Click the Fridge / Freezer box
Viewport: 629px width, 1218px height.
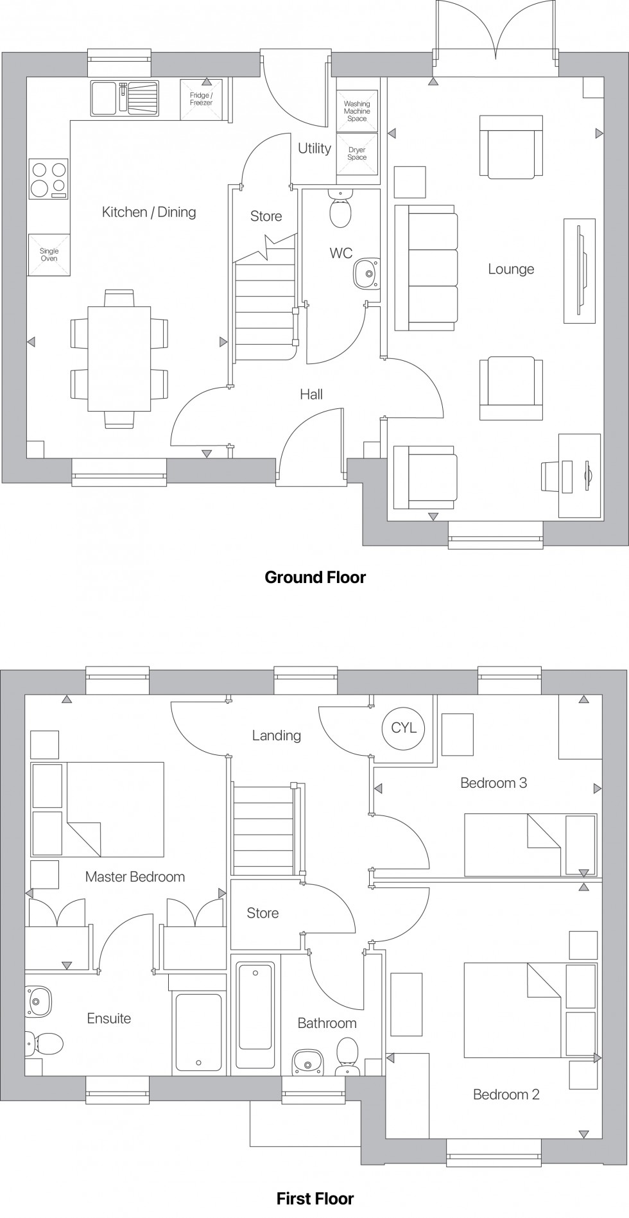pyautogui.click(x=201, y=100)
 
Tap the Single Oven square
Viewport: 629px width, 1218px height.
pyautogui.click(x=49, y=255)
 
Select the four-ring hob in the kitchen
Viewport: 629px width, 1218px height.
pyautogui.click(x=49, y=178)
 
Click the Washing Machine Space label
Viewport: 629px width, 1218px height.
pyautogui.click(x=357, y=111)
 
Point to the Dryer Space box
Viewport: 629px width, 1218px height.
pyautogui.click(x=357, y=154)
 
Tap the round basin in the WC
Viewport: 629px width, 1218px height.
pyautogui.click(x=366, y=274)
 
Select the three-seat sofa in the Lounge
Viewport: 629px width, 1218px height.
pyautogui.click(x=426, y=268)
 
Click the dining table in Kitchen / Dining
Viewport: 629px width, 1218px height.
pyautogui.click(x=119, y=358)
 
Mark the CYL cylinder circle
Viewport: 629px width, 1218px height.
pyautogui.click(x=404, y=727)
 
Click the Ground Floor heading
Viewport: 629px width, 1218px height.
pyautogui.click(x=315, y=577)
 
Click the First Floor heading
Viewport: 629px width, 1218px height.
pyautogui.click(x=315, y=1198)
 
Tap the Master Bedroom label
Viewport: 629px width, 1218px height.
pyautogui.click(x=135, y=876)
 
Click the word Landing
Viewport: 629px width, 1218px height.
pyautogui.click(x=276, y=735)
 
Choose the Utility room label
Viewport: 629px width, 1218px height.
pyautogui.click(x=314, y=148)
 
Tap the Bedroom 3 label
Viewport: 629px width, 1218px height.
pyautogui.click(x=494, y=783)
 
